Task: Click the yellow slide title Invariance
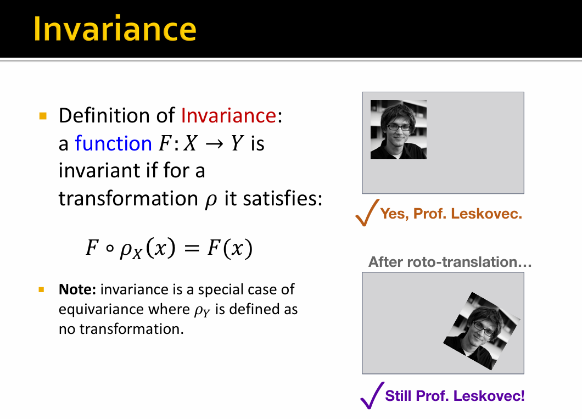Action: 115,29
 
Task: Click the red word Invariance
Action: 228,115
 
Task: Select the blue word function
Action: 114,143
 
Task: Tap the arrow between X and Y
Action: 215,144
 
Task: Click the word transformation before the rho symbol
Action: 128,199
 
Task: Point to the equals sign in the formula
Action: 192,248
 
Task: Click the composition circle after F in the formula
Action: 109,249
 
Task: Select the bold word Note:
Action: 77,289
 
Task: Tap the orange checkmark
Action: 367,213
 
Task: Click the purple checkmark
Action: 372,395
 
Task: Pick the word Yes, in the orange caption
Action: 394,214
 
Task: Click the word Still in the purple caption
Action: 399,395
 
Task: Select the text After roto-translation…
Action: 450,262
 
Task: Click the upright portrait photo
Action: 398,130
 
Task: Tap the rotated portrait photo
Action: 482,331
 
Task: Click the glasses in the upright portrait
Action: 398,127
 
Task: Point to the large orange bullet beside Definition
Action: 43,116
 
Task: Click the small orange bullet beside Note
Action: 41,289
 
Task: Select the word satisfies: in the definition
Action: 283,199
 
